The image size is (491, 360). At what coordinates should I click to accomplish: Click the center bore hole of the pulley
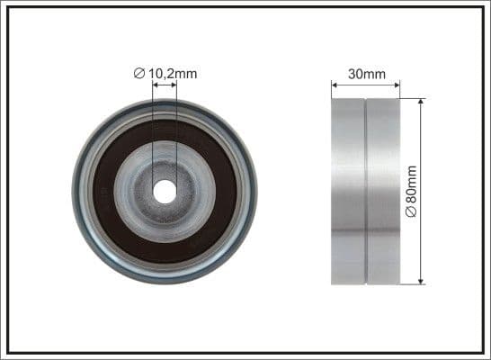165,192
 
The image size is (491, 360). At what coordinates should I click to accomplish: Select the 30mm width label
365,74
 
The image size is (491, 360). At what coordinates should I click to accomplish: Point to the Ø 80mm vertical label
411,190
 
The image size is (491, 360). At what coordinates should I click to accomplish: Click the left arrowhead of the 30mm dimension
335,86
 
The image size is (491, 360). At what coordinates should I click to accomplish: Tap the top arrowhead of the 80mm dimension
421,103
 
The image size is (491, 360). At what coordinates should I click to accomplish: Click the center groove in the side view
365,192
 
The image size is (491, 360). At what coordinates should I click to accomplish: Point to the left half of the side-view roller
348,192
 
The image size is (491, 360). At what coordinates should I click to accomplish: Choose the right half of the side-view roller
383,192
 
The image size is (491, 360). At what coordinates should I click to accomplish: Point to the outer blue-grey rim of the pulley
80,192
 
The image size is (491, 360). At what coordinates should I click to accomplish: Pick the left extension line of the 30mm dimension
332,90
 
